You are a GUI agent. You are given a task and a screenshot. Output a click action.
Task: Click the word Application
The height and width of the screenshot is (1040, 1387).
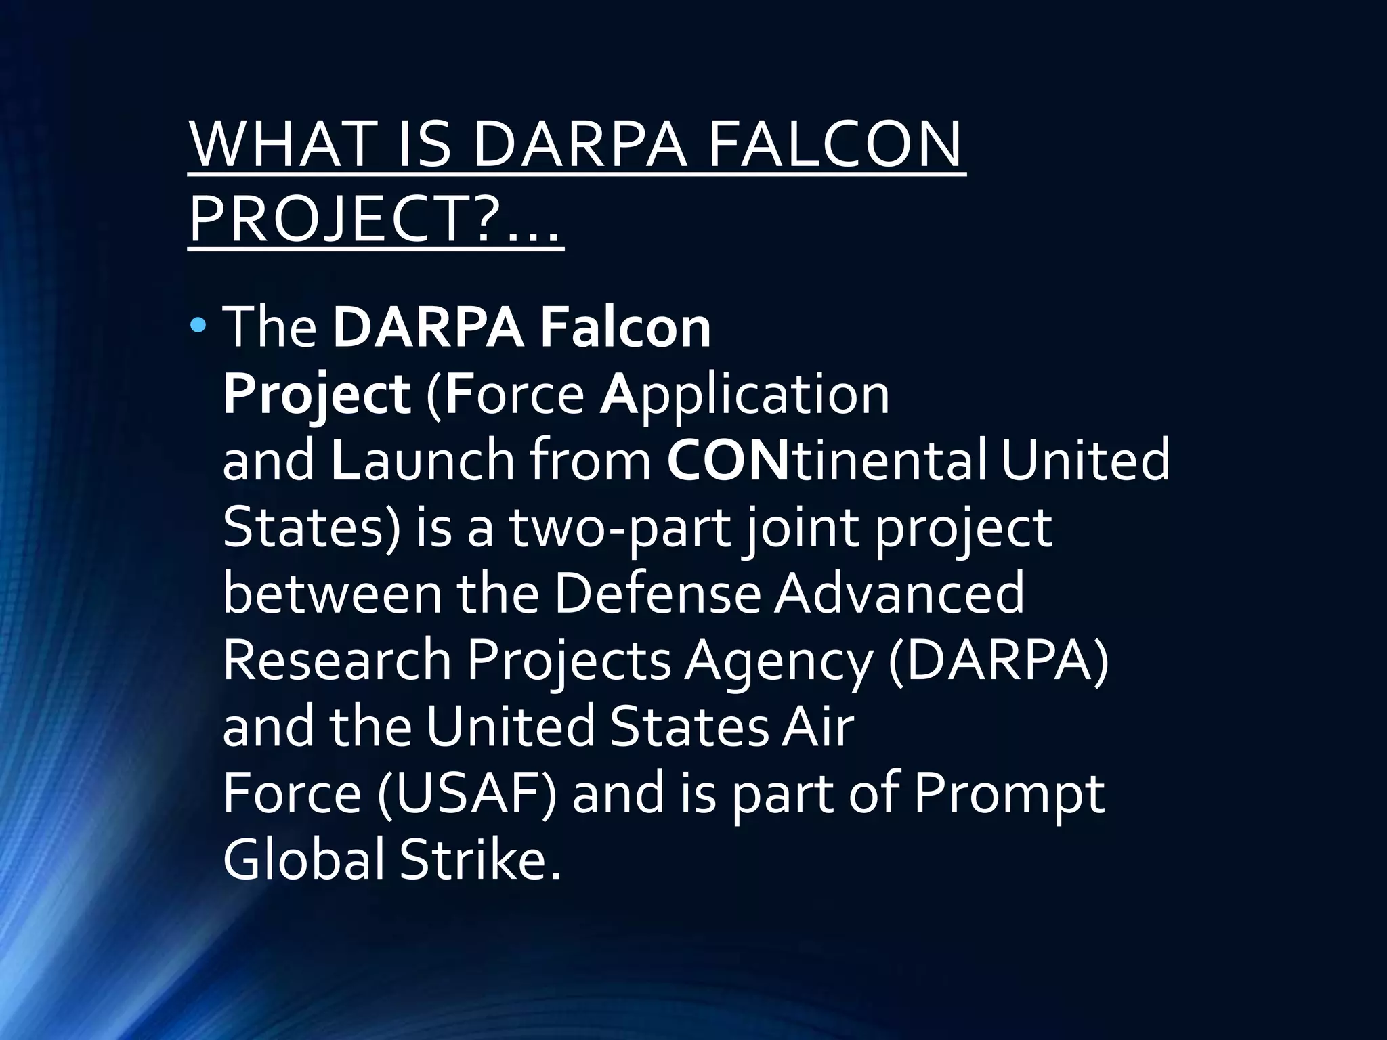[744, 395]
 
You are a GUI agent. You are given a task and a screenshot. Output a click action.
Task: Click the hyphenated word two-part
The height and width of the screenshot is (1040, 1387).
[620, 529]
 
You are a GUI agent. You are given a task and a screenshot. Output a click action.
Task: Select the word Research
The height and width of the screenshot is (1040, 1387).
[337, 661]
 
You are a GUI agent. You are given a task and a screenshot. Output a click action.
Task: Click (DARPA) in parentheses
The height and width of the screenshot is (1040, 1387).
[998, 661]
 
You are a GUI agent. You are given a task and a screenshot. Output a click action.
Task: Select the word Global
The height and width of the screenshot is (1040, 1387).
[303, 861]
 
